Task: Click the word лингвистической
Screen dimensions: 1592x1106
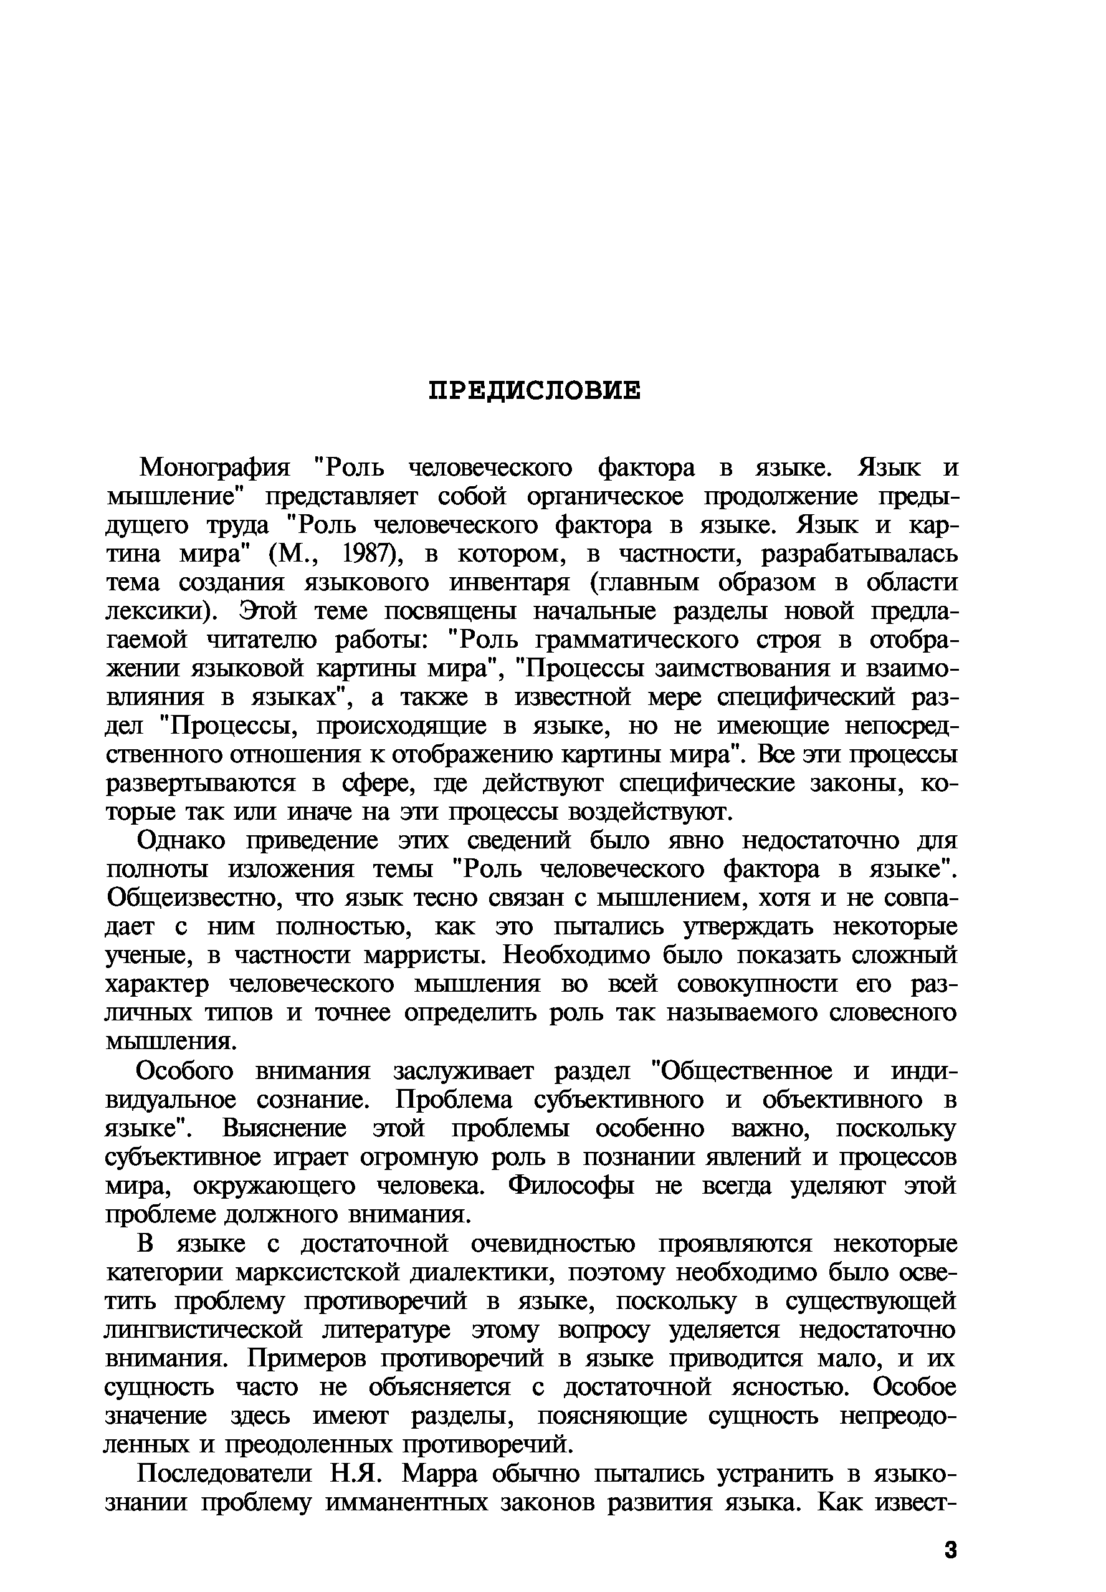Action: coord(204,1330)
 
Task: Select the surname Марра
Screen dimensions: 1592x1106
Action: coord(439,1474)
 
